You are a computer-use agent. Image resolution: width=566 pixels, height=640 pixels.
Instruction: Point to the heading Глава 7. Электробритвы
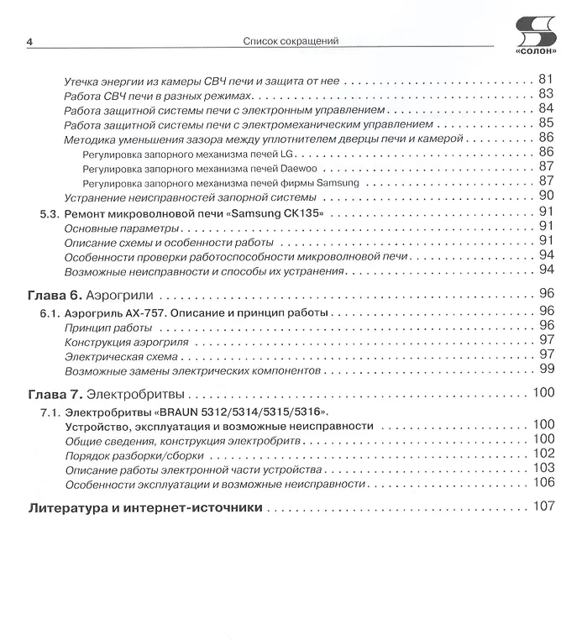[x=107, y=393]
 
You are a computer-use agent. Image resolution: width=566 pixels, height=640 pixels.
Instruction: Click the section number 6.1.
[x=49, y=312]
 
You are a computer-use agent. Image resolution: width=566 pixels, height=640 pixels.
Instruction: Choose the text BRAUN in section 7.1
[x=180, y=412]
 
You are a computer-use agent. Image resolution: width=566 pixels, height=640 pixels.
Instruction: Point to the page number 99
[x=547, y=369]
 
